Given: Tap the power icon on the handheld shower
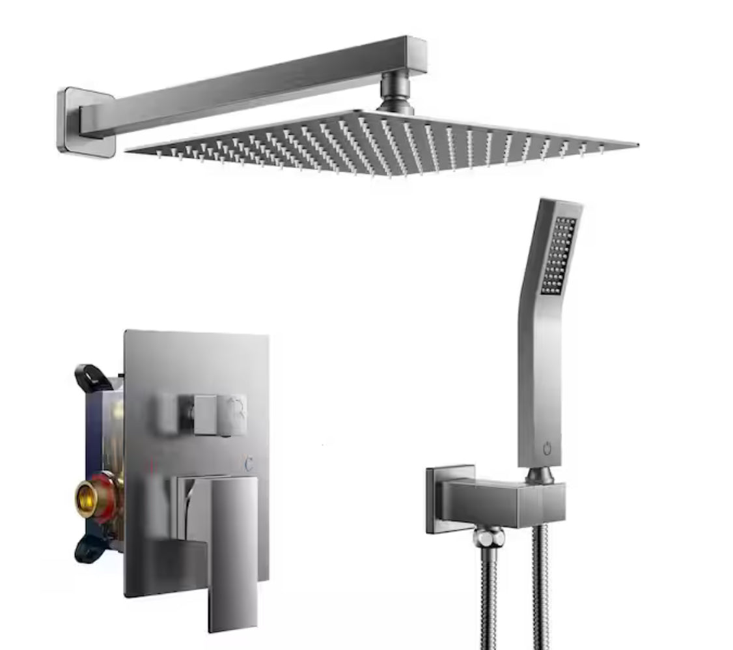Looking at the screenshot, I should (546, 449).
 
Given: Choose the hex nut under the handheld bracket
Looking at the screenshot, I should (488, 537).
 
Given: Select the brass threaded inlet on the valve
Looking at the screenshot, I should (87, 499).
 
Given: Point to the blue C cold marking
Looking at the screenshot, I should (249, 464).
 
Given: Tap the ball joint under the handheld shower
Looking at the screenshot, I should (540, 475).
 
